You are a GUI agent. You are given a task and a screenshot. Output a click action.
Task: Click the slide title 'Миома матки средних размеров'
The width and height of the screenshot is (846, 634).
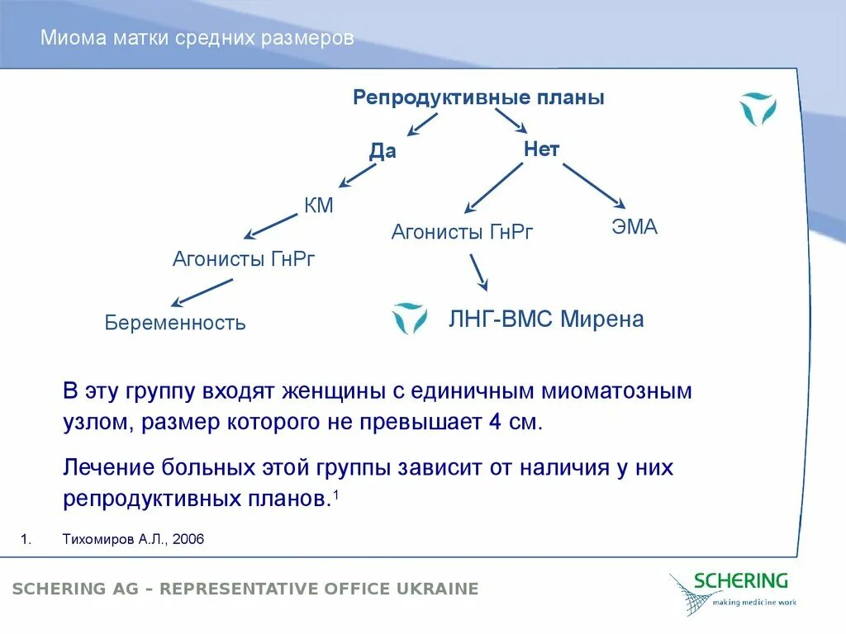pyautogui.click(x=197, y=39)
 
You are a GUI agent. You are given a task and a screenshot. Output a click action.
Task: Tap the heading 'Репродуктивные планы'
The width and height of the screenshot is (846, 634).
pyautogui.click(x=478, y=97)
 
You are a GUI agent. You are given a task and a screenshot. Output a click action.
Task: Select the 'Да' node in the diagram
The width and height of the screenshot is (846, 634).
pyautogui.click(x=383, y=151)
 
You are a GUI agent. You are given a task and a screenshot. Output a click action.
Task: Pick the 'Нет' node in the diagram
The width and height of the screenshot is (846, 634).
pyautogui.click(x=542, y=149)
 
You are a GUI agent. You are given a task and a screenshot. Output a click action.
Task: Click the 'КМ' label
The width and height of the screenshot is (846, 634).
pyautogui.click(x=319, y=206)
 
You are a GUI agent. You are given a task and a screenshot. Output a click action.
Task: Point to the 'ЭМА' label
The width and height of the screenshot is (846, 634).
pyautogui.click(x=634, y=227)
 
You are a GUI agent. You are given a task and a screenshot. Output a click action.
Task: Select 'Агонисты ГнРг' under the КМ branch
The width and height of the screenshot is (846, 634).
pyautogui.click(x=244, y=259)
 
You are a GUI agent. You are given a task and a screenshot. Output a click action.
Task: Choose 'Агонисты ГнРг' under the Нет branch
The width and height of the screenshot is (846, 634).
pyautogui.click(x=463, y=232)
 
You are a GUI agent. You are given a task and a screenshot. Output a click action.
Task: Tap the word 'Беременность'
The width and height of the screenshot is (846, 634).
pyautogui.click(x=175, y=322)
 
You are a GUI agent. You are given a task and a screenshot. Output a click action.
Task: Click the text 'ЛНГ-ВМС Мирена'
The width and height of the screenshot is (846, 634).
pyautogui.click(x=545, y=319)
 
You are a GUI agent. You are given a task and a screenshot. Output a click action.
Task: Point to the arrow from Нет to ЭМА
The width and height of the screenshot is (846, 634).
pyautogui.click(x=593, y=185)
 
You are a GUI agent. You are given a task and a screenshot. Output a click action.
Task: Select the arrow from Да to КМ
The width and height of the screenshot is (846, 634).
pyautogui.click(x=358, y=175)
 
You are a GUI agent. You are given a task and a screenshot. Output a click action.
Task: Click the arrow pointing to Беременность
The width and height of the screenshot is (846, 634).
pyautogui.click(x=202, y=292)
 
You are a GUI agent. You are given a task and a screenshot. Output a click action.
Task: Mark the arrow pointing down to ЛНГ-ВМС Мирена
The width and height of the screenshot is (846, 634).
pyautogui.click(x=478, y=272)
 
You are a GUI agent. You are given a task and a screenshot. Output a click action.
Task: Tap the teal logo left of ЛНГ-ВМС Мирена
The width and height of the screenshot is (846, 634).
pyautogui.click(x=410, y=318)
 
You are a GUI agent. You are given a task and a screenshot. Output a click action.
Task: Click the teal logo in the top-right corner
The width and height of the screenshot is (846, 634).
pyautogui.click(x=757, y=109)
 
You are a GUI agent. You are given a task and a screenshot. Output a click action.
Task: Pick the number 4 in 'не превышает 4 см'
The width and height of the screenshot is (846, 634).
pyautogui.click(x=494, y=423)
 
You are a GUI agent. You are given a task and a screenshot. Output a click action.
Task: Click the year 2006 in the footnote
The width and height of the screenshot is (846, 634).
pyautogui.click(x=189, y=539)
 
